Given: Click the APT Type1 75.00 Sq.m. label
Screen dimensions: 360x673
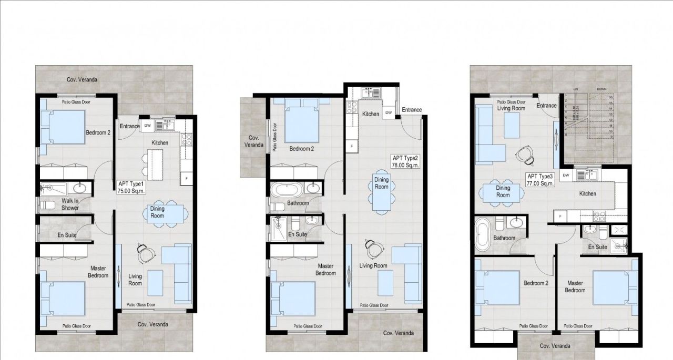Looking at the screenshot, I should (x=131, y=188).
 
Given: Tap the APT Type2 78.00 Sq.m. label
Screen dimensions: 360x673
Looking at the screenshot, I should (x=404, y=161).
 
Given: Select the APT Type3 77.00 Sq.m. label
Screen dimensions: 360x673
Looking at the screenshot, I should (x=541, y=180).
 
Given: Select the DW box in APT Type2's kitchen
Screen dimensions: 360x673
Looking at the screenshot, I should (x=389, y=113).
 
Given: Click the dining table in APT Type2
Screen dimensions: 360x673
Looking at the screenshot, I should (x=382, y=191).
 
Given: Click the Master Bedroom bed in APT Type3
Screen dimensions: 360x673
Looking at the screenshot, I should (x=611, y=287).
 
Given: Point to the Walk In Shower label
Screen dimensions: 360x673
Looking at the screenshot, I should (x=70, y=204).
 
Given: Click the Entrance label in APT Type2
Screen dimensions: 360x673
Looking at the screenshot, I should (x=412, y=110).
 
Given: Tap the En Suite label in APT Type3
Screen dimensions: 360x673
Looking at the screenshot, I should (x=597, y=246).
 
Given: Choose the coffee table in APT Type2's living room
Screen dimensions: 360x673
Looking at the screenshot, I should (x=385, y=282).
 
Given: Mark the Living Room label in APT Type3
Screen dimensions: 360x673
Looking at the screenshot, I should (x=511, y=108).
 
